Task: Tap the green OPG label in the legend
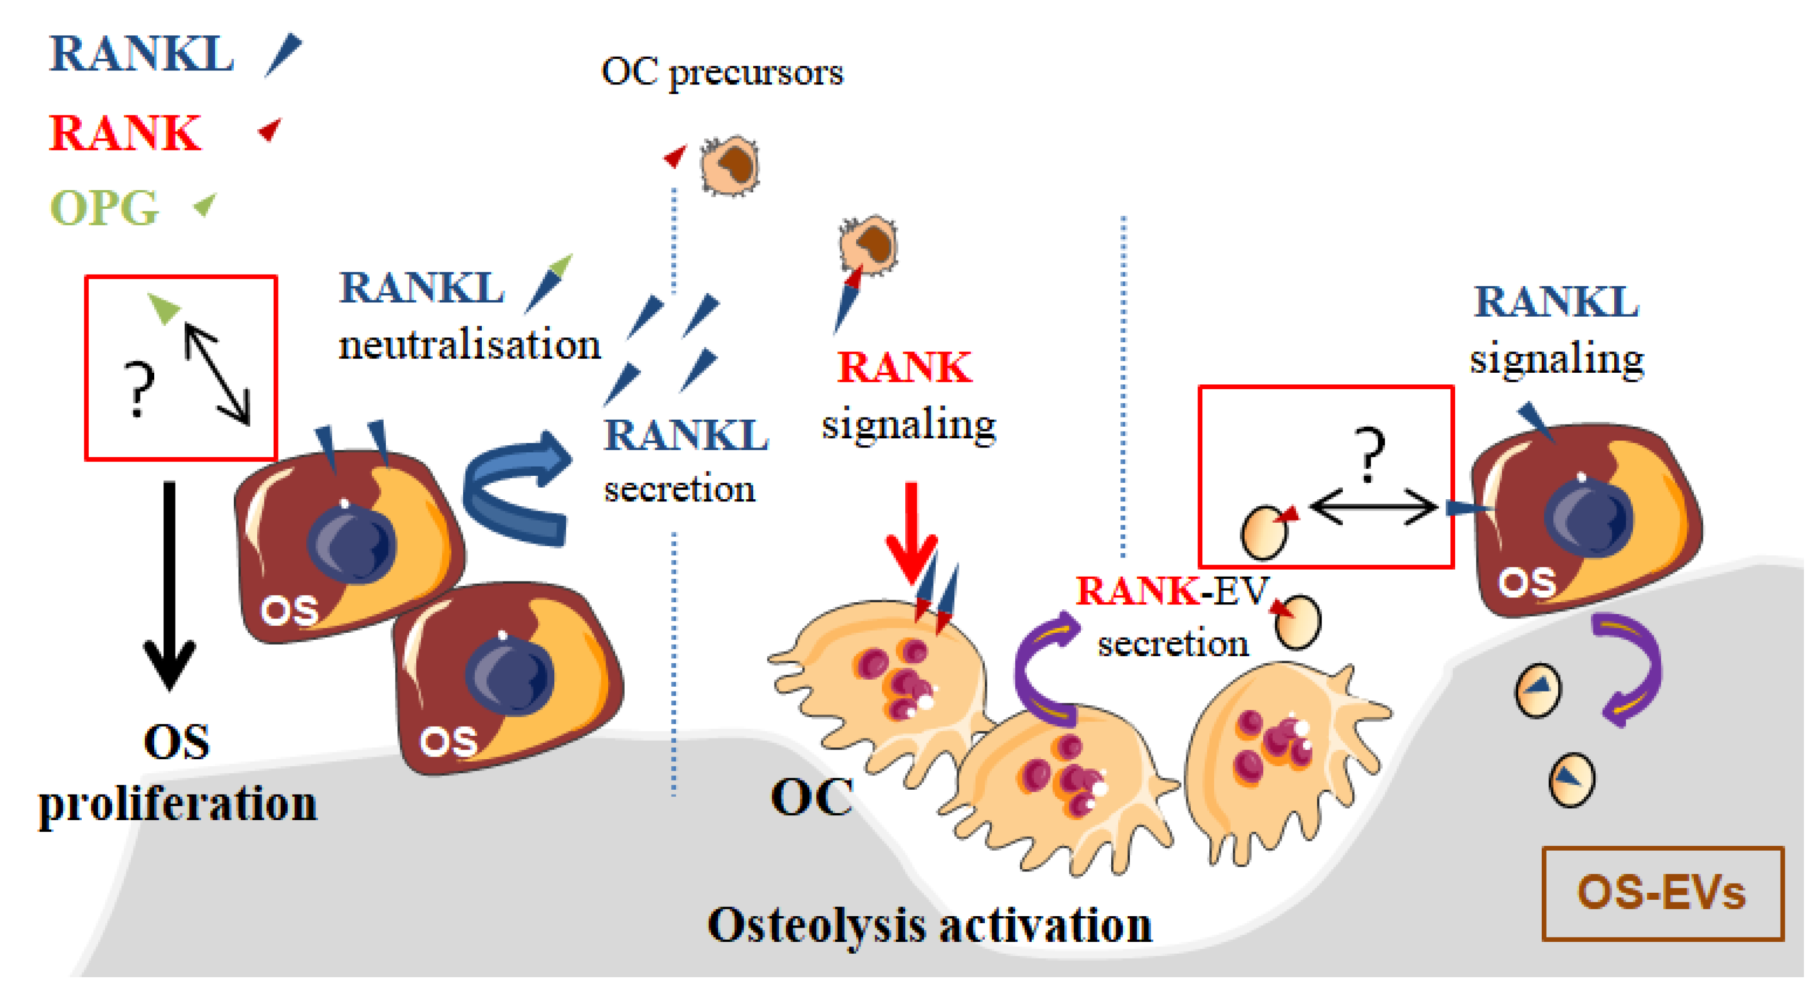coord(105,208)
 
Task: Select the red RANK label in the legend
coord(125,134)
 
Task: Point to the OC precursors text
coord(722,72)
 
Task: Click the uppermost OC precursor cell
coord(729,166)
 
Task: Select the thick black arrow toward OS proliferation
coord(169,585)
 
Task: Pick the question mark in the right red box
coord(1369,453)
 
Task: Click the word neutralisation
coord(469,345)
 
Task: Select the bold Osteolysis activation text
coord(930,924)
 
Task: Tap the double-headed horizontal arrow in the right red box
coord(1373,506)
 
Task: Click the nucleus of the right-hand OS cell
coord(1587,518)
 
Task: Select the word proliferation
coord(178,804)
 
